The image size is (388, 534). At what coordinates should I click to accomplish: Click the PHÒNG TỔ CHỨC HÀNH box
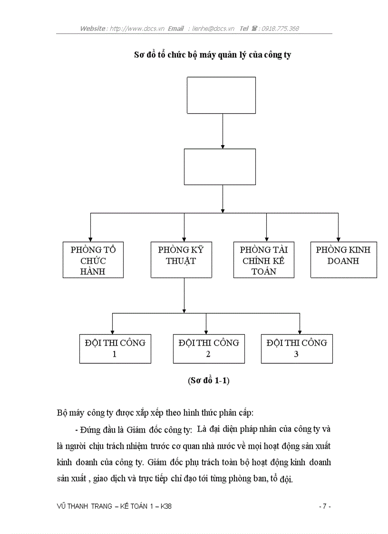(93, 260)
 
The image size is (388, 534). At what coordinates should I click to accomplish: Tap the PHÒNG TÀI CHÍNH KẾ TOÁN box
(263, 260)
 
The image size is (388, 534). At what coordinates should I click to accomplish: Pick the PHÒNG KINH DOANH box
(343, 260)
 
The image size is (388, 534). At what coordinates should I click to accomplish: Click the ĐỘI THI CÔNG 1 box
(115, 349)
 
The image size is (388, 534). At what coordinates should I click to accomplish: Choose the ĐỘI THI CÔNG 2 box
(209, 349)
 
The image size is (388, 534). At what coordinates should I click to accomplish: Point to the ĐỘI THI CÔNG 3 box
(297, 349)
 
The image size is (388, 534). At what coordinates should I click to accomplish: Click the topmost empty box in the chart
(221, 96)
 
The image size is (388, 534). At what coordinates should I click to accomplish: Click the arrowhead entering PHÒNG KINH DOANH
(338, 239)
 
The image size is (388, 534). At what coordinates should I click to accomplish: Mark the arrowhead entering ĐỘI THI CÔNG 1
(112, 331)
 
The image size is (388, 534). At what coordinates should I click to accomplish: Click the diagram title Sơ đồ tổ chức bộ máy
(212, 55)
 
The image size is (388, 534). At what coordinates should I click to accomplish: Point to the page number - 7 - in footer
(324, 506)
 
